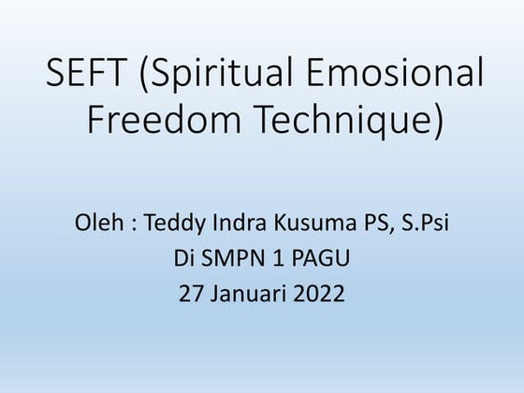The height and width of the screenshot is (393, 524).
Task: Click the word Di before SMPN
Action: click(x=183, y=260)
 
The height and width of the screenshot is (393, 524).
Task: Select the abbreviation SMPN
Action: click(x=230, y=260)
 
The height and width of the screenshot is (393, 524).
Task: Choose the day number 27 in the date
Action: click(x=190, y=295)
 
